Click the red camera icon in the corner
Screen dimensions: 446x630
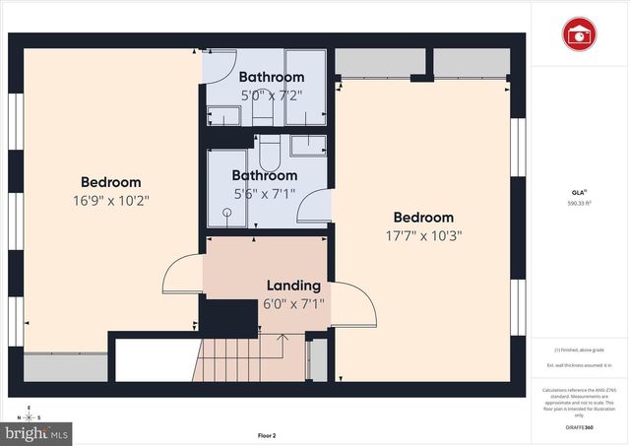580,34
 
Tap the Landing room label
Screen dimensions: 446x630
293,286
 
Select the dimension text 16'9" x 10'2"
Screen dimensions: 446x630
110,201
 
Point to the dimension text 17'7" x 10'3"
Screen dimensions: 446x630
423,235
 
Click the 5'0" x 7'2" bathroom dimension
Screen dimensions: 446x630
271,96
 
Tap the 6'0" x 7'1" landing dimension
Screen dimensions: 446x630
293,304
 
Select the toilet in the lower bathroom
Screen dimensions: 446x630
269,153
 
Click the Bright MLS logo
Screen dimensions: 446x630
38,431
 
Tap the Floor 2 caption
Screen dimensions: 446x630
267,435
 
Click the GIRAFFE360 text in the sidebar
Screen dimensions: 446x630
579,428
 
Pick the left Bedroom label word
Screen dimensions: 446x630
110,182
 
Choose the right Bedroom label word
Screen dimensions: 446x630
423,218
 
